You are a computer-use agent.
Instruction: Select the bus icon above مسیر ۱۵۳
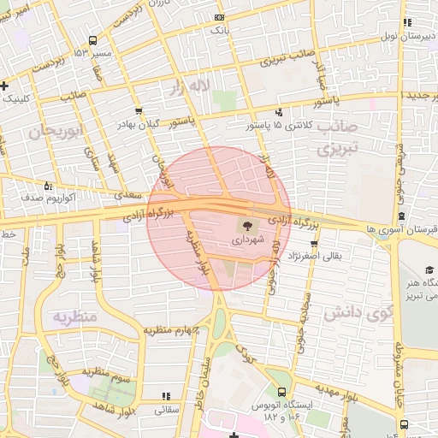point(92,40)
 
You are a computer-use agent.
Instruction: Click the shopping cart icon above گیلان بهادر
point(139,112)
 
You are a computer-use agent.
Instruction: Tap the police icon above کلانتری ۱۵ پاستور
point(279,113)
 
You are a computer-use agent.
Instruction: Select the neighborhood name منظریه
point(75,317)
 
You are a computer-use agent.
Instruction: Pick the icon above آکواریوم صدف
point(48,186)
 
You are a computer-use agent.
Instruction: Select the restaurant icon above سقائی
point(166,397)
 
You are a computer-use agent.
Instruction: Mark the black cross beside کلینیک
point(5,86)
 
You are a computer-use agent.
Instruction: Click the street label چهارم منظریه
point(172,329)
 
